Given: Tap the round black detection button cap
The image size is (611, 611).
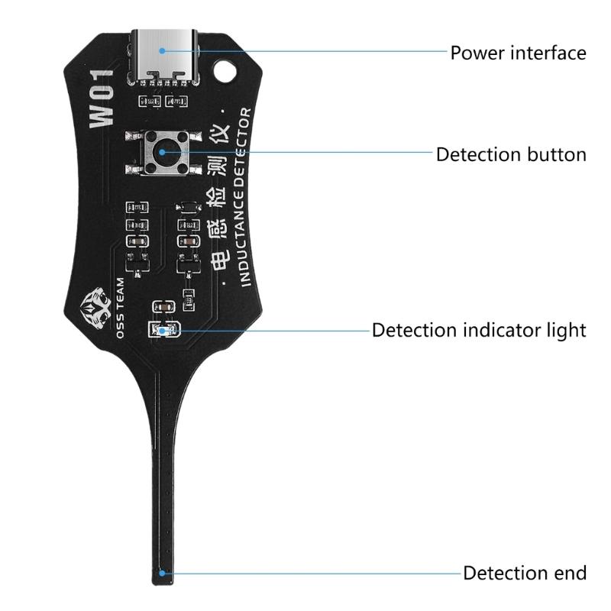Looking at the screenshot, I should coord(163,153).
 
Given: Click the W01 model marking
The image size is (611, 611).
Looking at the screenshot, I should coord(103,99).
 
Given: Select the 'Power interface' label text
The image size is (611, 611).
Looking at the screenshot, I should coord(518,53).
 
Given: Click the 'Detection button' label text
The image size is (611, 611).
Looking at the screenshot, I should coord(511,154).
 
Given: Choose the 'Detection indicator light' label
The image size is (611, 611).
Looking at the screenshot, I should coord(479,331).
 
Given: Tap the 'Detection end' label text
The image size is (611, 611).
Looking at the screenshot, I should coord(525,573).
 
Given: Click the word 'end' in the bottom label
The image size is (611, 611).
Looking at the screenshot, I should coord(568,573).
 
